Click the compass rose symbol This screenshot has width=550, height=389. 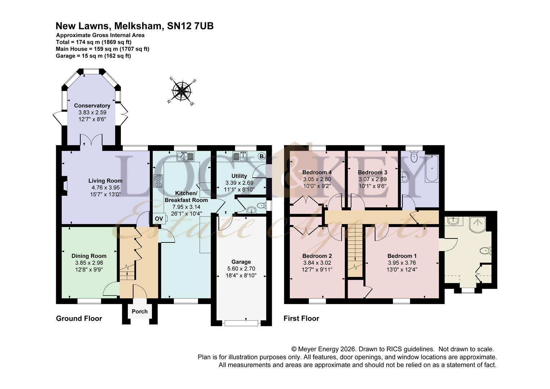182,90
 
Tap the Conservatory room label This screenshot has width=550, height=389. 92,106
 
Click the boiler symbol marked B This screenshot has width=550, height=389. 261,156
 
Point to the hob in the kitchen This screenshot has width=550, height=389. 158,181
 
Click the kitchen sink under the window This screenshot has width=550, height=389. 185,156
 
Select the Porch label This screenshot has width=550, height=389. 140,312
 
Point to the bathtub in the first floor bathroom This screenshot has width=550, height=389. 431,168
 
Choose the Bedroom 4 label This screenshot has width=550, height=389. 317,172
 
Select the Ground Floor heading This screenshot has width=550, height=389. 79,318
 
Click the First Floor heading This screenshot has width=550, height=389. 301,318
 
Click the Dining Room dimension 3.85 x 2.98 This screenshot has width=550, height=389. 89,263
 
